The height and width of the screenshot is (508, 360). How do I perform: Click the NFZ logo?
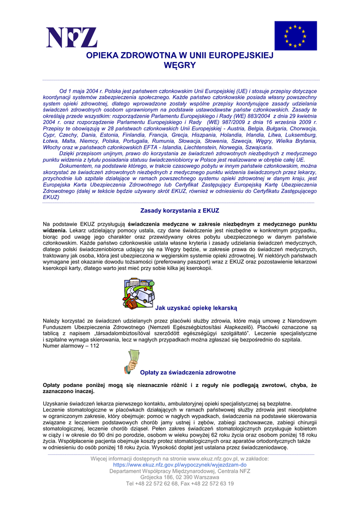coord(72,38)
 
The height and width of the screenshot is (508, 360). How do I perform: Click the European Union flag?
coord(295,36)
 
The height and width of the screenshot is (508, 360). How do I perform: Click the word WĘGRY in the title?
coord(180,65)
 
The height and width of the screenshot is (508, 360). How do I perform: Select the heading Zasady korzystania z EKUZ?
coord(180,211)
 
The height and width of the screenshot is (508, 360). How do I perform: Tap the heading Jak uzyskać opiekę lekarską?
coord(197,308)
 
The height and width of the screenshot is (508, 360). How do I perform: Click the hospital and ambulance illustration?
coord(139,293)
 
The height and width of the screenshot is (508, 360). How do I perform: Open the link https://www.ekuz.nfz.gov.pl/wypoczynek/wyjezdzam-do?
coord(179,465)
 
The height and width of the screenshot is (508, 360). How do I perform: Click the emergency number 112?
coord(94,346)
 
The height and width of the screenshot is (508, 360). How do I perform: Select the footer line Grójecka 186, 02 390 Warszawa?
coord(180,477)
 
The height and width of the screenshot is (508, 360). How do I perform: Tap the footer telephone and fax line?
coord(180,484)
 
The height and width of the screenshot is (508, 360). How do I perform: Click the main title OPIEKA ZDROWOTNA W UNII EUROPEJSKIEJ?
coord(180,56)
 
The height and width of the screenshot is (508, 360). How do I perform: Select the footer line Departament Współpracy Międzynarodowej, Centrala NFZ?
coord(180,471)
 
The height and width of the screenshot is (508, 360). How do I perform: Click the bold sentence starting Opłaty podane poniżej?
coord(180,388)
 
